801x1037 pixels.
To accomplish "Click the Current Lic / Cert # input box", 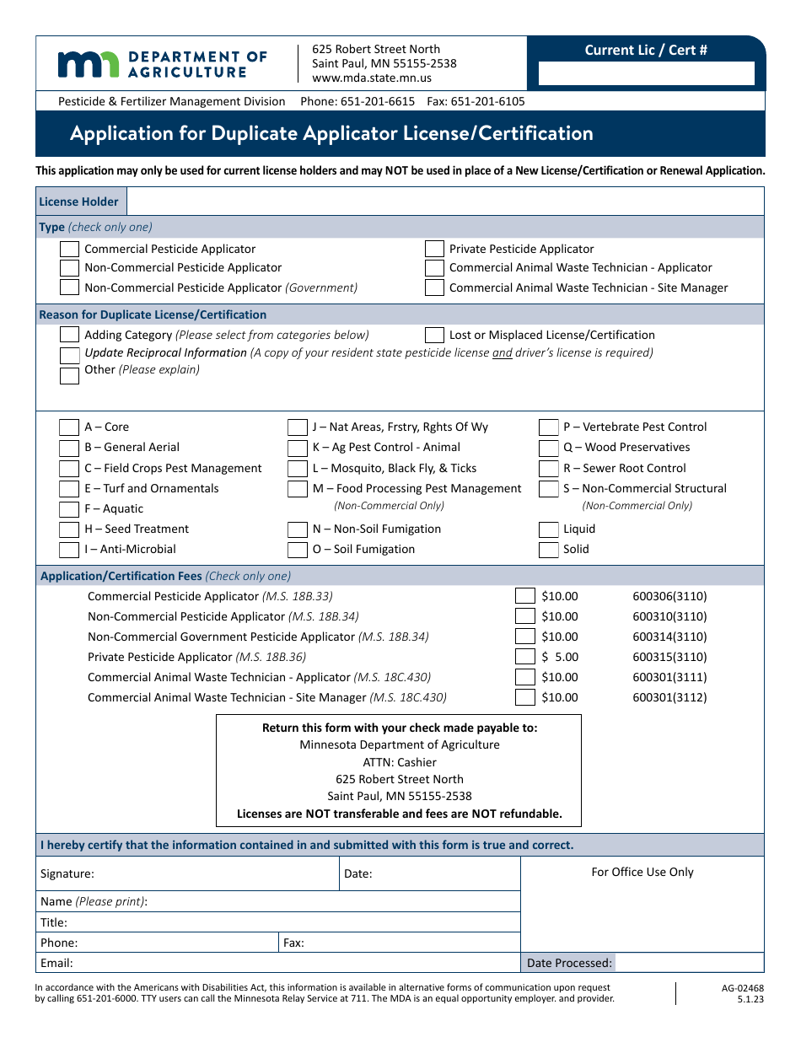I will click(646, 74).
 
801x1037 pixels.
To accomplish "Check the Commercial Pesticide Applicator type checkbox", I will click(70, 250).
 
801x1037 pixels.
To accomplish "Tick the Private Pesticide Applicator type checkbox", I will click(434, 250).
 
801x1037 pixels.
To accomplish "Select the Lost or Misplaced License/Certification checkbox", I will click(434, 336).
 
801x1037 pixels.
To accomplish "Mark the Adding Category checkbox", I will click(70, 336).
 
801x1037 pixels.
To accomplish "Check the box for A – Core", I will click(69, 427).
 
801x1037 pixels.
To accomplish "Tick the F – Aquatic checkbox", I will click(69, 509).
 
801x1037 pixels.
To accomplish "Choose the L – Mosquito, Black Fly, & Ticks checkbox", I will click(298, 469).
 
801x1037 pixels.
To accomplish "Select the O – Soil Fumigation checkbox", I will click(298, 550).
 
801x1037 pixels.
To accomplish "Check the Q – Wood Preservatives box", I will click(549, 448).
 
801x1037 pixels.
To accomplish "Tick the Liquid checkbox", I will click(549, 529).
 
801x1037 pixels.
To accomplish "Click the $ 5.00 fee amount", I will click(560, 658).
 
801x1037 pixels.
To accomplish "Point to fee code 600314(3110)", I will click(669, 637).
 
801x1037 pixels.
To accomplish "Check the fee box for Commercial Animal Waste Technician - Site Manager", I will click(525, 698).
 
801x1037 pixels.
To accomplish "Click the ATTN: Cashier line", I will click(400, 762).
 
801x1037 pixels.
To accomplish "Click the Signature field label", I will click(67, 874).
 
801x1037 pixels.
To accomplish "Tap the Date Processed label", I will click(569, 963).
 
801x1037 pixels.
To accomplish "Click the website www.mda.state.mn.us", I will click(372, 78).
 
